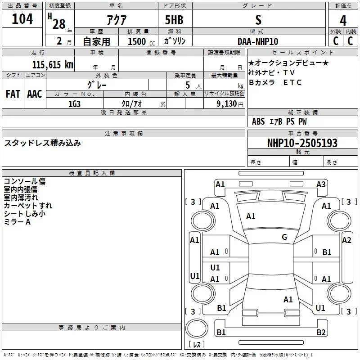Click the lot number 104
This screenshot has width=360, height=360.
(22, 19)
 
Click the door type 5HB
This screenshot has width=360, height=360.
(175, 20)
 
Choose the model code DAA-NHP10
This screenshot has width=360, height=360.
(258, 41)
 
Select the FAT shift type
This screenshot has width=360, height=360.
(13, 94)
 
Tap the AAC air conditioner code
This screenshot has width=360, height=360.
(35, 94)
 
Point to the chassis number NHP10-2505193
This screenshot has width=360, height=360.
(296, 143)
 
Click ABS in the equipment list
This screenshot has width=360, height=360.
(258, 121)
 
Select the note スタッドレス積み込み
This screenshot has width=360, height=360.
(43, 143)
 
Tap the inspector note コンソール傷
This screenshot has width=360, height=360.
(25, 181)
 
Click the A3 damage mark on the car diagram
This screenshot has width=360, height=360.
(321, 184)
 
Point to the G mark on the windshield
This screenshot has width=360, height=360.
(284, 237)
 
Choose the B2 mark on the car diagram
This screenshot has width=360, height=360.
(321, 333)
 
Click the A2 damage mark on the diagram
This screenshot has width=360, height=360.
(346, 240)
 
